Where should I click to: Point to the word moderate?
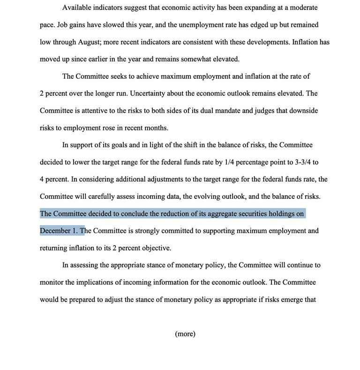303,8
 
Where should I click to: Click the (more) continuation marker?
185,334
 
